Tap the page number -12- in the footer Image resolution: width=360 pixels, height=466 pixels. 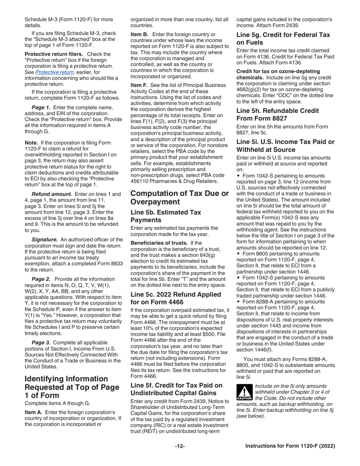coord(180,446)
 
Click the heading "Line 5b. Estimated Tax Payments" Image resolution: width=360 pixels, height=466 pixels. coord(166,216)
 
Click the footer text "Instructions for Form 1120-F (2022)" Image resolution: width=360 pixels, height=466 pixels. coord(290,446)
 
